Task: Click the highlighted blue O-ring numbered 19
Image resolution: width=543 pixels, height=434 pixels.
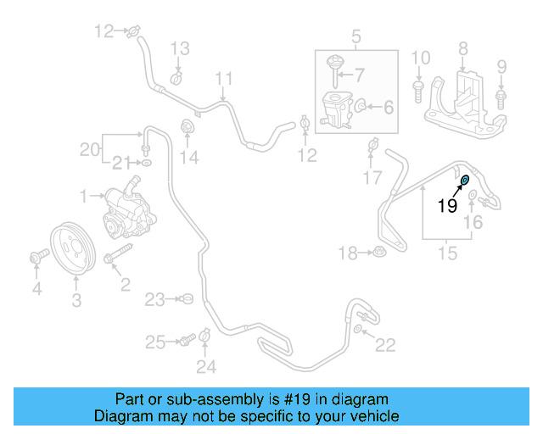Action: tap(465, 180)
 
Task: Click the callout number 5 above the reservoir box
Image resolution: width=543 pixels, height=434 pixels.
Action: tap(356, 36)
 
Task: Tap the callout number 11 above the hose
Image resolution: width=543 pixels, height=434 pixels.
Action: tap(223, 81)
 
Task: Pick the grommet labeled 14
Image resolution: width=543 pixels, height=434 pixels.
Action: tap(188, 128)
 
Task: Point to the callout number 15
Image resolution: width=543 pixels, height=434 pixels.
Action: tap(447, 252)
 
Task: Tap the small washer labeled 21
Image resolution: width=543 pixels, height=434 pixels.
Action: tap(146, 160)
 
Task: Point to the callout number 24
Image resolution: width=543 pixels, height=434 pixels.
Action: tap(206, 366)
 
